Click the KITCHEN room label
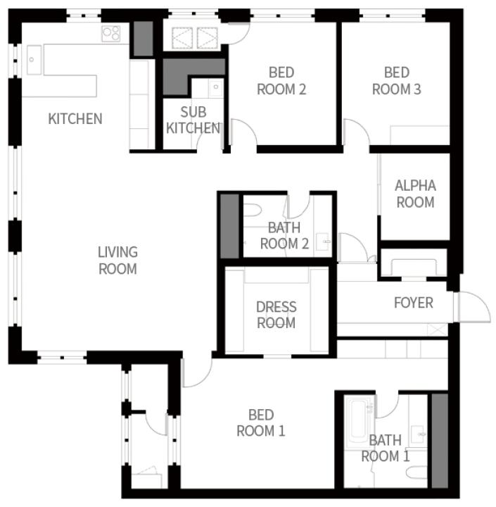pos(75,119)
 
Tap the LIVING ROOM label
pos(117,261)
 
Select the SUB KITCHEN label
pos(193,120)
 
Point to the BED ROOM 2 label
pos(281,81)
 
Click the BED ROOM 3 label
pos(397,81)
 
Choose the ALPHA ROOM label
pos(416,194)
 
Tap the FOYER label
pos(414,303)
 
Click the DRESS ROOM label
pos(276,315)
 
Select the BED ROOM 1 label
pos(261,423)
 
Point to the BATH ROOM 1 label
pos(386,448)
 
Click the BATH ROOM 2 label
pos(284,235)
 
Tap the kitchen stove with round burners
pos(111,34)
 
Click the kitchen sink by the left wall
pos(34,60)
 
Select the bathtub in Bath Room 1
pos(359,421)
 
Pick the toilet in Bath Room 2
pos(252,211)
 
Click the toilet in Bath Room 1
pos(416,473)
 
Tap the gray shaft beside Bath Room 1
pos(440,441)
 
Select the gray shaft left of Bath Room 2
pos(230,226)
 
